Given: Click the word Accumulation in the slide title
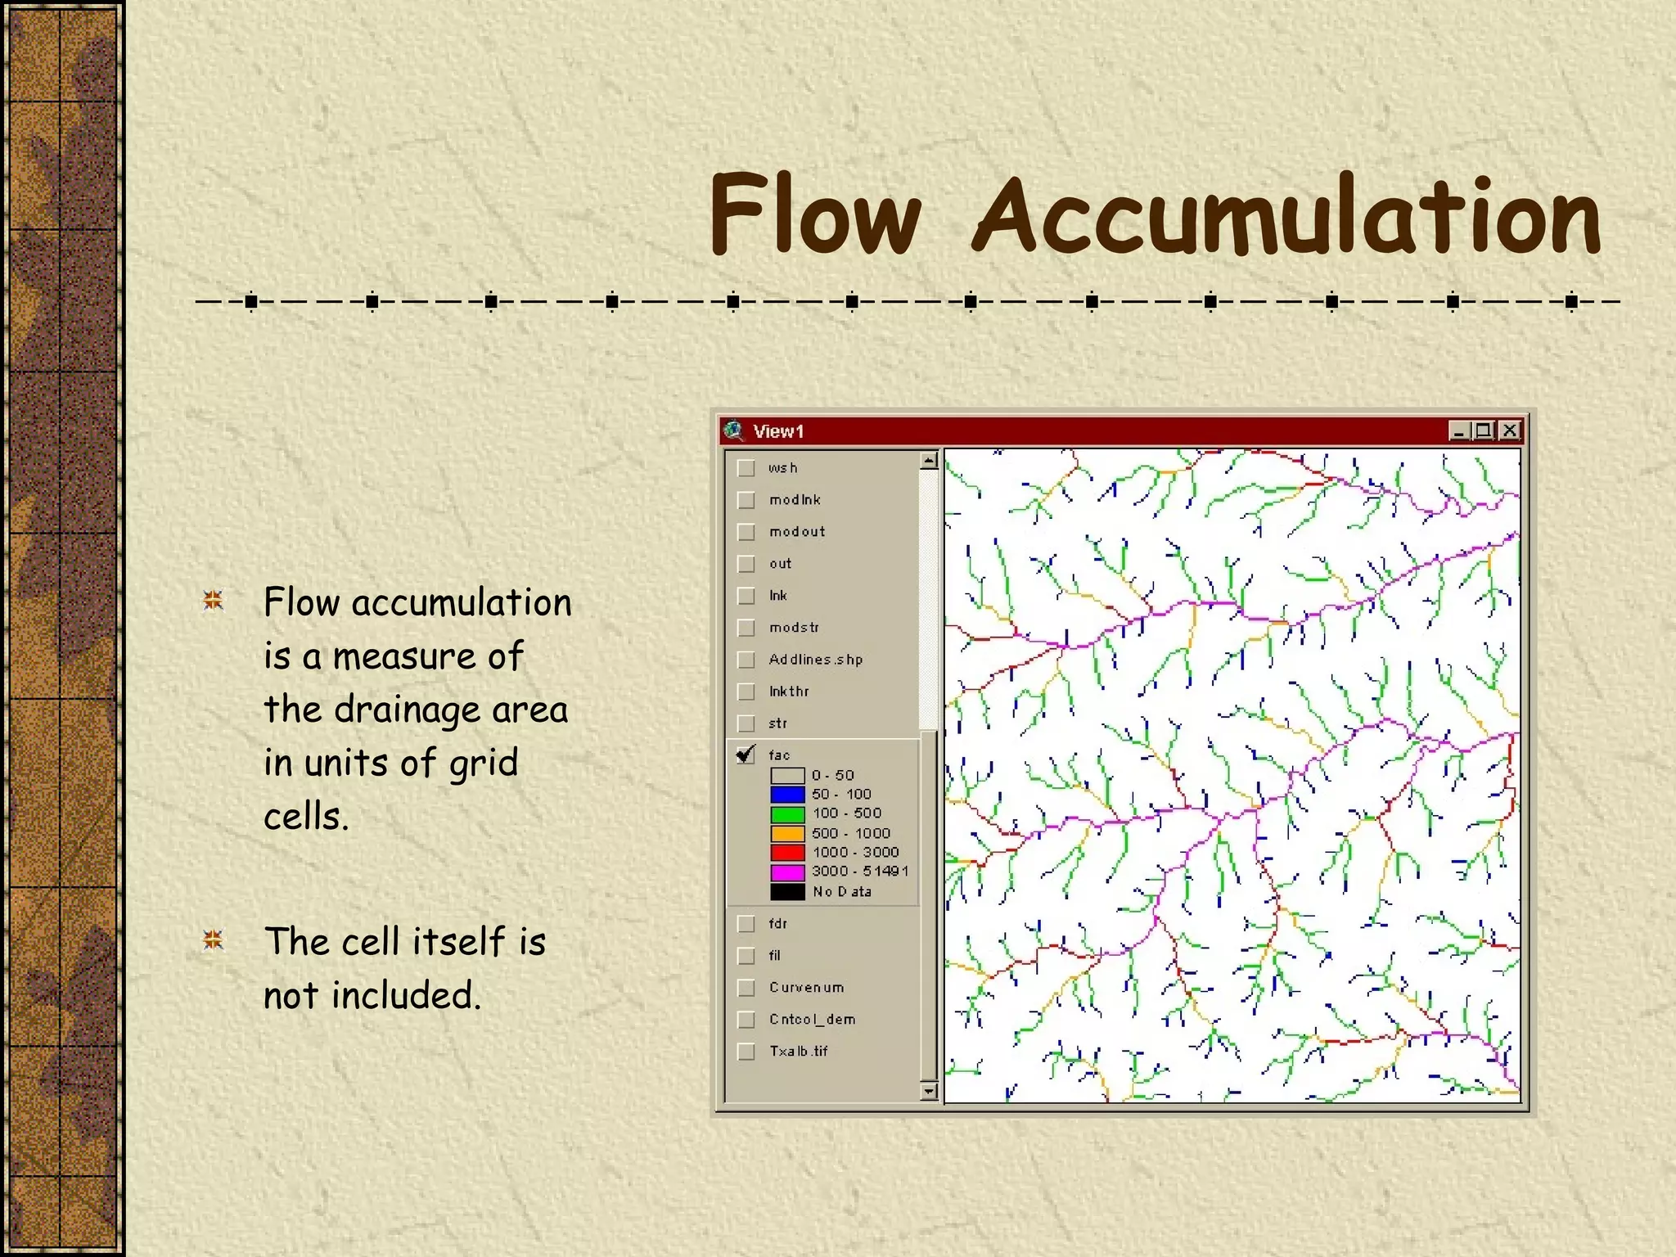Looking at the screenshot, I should click(1286, 216).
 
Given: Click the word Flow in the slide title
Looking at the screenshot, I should click(815, 214).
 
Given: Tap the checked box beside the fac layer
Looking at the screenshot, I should click(746, 755).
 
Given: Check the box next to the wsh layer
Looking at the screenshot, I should click(746, 468).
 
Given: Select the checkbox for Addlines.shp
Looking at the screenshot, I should click(746, 660).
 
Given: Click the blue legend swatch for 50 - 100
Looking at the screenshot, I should click(787, 794).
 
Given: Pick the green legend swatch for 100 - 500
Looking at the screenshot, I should click(787, 813).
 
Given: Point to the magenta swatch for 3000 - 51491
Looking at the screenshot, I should click(787, 872).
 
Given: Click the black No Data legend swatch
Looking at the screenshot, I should click(787, 891).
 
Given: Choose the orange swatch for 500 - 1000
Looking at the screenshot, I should click(787, 833).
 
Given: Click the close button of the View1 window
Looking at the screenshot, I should click(1510, 430).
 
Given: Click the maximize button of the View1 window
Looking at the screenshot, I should click(1484, 430).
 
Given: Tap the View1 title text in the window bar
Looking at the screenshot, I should click(778, 431).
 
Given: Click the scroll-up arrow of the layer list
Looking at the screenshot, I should click(928, 461).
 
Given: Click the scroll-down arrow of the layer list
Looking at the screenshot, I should click(928, 1090).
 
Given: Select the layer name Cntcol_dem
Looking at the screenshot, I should click(812, 1020).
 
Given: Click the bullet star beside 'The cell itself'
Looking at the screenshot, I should click(213, 940).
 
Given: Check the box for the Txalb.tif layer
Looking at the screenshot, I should click(746, 1052).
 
